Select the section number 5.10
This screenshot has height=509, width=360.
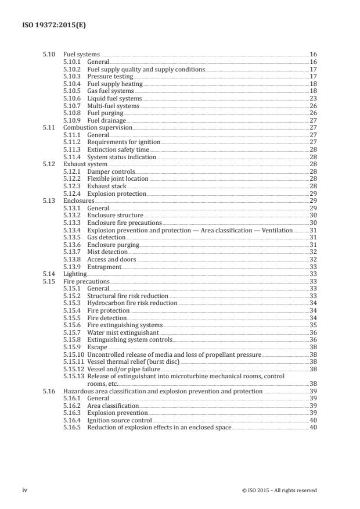click(x=49, y=54)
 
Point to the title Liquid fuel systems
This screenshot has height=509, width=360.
click(x=114, y=99)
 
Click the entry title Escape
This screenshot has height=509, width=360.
click(x=96, y=347)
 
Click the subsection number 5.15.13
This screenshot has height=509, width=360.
click(x=74, y=377)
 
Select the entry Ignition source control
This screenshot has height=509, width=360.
click(x=120, y=420)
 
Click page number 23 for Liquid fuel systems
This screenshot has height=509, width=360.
click(x=313, y=99)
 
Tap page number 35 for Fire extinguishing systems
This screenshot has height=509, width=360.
click(x=313, y=325)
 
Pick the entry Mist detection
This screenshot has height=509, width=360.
click(x=107, y=252)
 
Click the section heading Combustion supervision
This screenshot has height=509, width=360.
click(x=98, y=127)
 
